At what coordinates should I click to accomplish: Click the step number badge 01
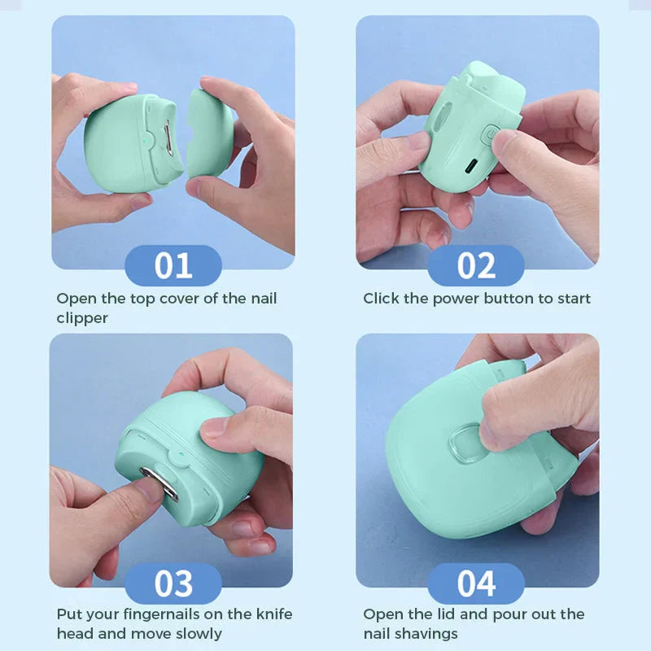[173, 266]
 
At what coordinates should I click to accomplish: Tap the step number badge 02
[476, 266]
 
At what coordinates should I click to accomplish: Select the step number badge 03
[173, 583]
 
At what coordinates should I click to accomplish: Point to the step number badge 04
[476, 583]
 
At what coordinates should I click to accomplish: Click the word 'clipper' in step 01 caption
[82, 318]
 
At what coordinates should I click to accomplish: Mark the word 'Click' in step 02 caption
[382, 299]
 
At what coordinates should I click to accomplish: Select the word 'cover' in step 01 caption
[179, 299]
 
